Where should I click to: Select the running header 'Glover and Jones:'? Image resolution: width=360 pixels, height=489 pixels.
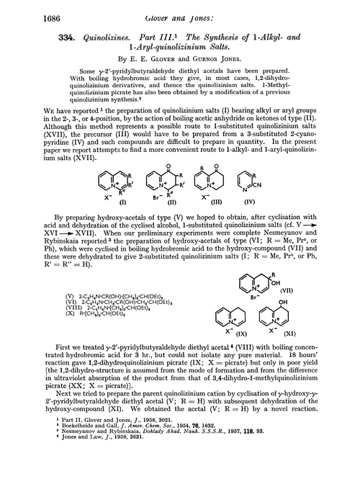(184, 9)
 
